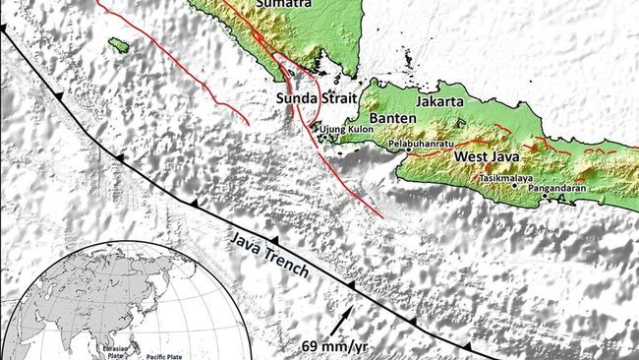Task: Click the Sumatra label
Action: [286, 5]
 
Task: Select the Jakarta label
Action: [438, 100]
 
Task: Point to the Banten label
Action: [393, 118]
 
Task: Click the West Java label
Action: [488, 156]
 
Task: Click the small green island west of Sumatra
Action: [119, 45]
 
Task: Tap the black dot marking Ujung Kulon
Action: [317, 128]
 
